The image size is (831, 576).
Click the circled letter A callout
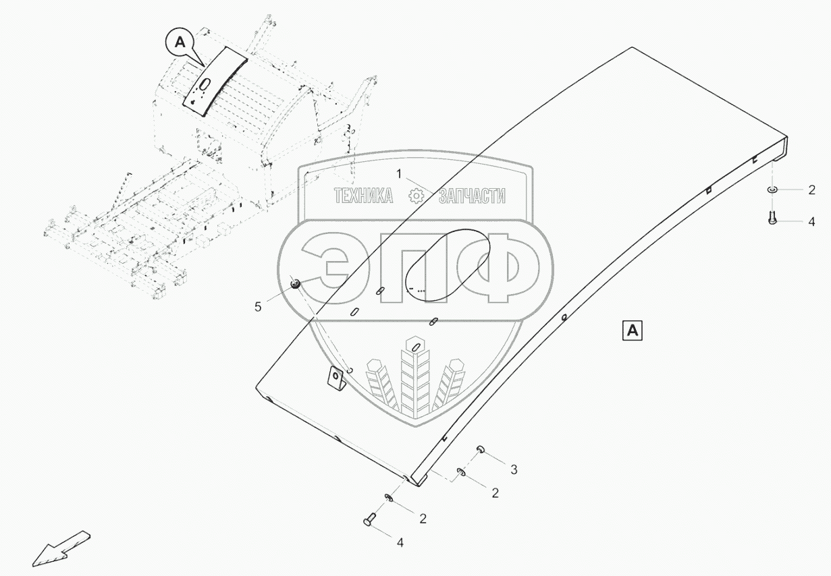[179, 42]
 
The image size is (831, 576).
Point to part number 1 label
[399, 173]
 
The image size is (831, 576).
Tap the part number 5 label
[258, 307]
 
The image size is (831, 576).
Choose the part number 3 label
[514, 469]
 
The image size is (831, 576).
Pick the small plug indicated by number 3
[480, 449]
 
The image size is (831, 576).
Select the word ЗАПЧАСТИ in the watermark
[472, 196]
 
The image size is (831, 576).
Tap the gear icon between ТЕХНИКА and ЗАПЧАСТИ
[417, 196]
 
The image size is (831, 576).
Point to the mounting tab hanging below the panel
[336, 378]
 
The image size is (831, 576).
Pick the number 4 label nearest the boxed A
[811, 221]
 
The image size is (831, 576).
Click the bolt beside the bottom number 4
[368, 520]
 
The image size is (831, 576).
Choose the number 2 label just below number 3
[495, 493]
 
